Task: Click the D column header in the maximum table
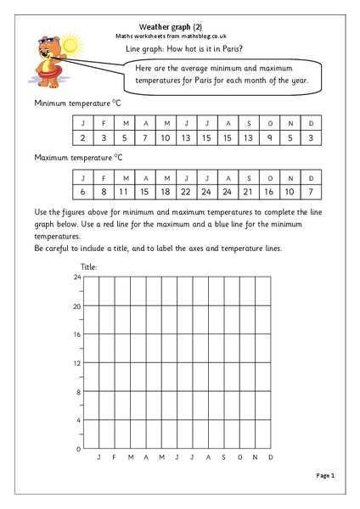312,178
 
